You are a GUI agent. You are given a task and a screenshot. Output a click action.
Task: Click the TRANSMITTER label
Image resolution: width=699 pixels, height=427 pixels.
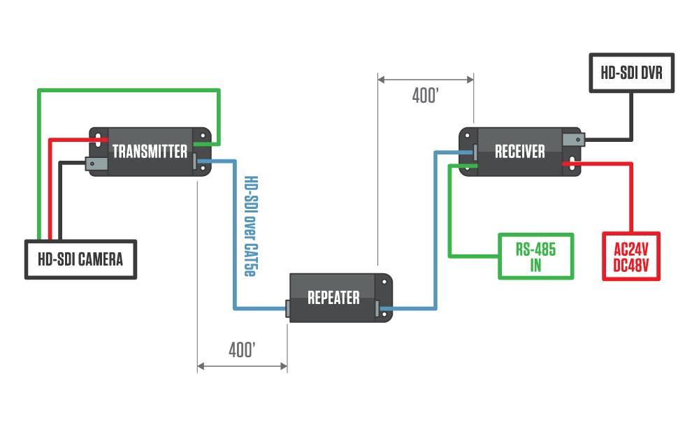(150, 152)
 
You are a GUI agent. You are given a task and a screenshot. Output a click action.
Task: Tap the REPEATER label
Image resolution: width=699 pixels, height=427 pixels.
(333, 298)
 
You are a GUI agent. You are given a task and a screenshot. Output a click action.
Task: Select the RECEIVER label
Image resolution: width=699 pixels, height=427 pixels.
(519, 152)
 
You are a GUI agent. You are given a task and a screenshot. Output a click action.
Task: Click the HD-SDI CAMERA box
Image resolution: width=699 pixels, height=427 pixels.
(80, 260)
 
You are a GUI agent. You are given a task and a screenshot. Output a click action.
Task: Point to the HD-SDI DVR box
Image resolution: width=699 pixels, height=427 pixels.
(631, 73)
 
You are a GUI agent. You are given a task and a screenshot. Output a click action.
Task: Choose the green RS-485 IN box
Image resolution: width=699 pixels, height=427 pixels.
(535, 256)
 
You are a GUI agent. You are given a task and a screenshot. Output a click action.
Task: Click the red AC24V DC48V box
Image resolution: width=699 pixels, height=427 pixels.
(631, 256)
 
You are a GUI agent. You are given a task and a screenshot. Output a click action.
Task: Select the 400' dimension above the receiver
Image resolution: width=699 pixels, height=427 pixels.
(425, 96)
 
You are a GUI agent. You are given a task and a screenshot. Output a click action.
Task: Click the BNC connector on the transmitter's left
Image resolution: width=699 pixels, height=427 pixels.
(96, 164)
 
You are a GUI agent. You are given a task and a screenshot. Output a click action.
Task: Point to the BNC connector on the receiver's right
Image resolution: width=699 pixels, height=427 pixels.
(572, 140)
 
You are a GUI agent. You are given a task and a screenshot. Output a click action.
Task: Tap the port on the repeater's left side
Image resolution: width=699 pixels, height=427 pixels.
(287, 308)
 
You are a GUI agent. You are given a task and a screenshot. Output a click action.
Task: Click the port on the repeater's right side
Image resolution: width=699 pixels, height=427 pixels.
(377, 308)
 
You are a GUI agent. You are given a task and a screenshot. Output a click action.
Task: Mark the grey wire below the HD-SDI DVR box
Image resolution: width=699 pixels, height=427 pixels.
(631, 115)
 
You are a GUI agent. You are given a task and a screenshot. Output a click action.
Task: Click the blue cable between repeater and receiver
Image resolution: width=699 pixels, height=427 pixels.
(435, 231)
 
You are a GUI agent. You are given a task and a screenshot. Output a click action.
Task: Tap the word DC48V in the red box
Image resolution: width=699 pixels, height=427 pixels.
(631, 265)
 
